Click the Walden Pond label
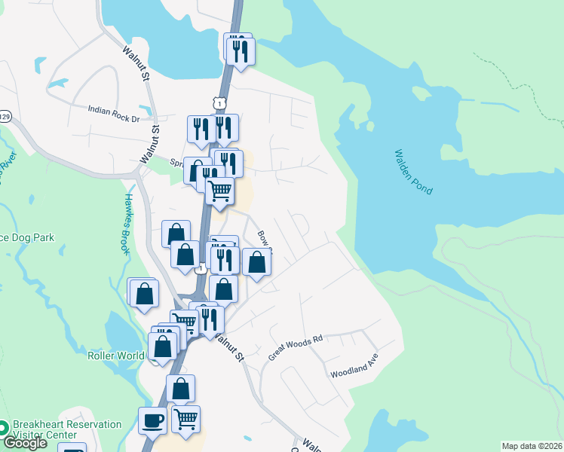(413, 173)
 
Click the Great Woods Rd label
(296, 347)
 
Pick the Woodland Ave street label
(354, 367)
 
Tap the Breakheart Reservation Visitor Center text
(67, 429)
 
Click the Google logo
(25, 443)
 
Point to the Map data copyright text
(532, 446)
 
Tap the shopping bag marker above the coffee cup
(180, 389)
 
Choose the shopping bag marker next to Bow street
(257, 262)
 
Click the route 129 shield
(5, 116)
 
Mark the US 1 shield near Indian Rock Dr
(219, 102)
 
